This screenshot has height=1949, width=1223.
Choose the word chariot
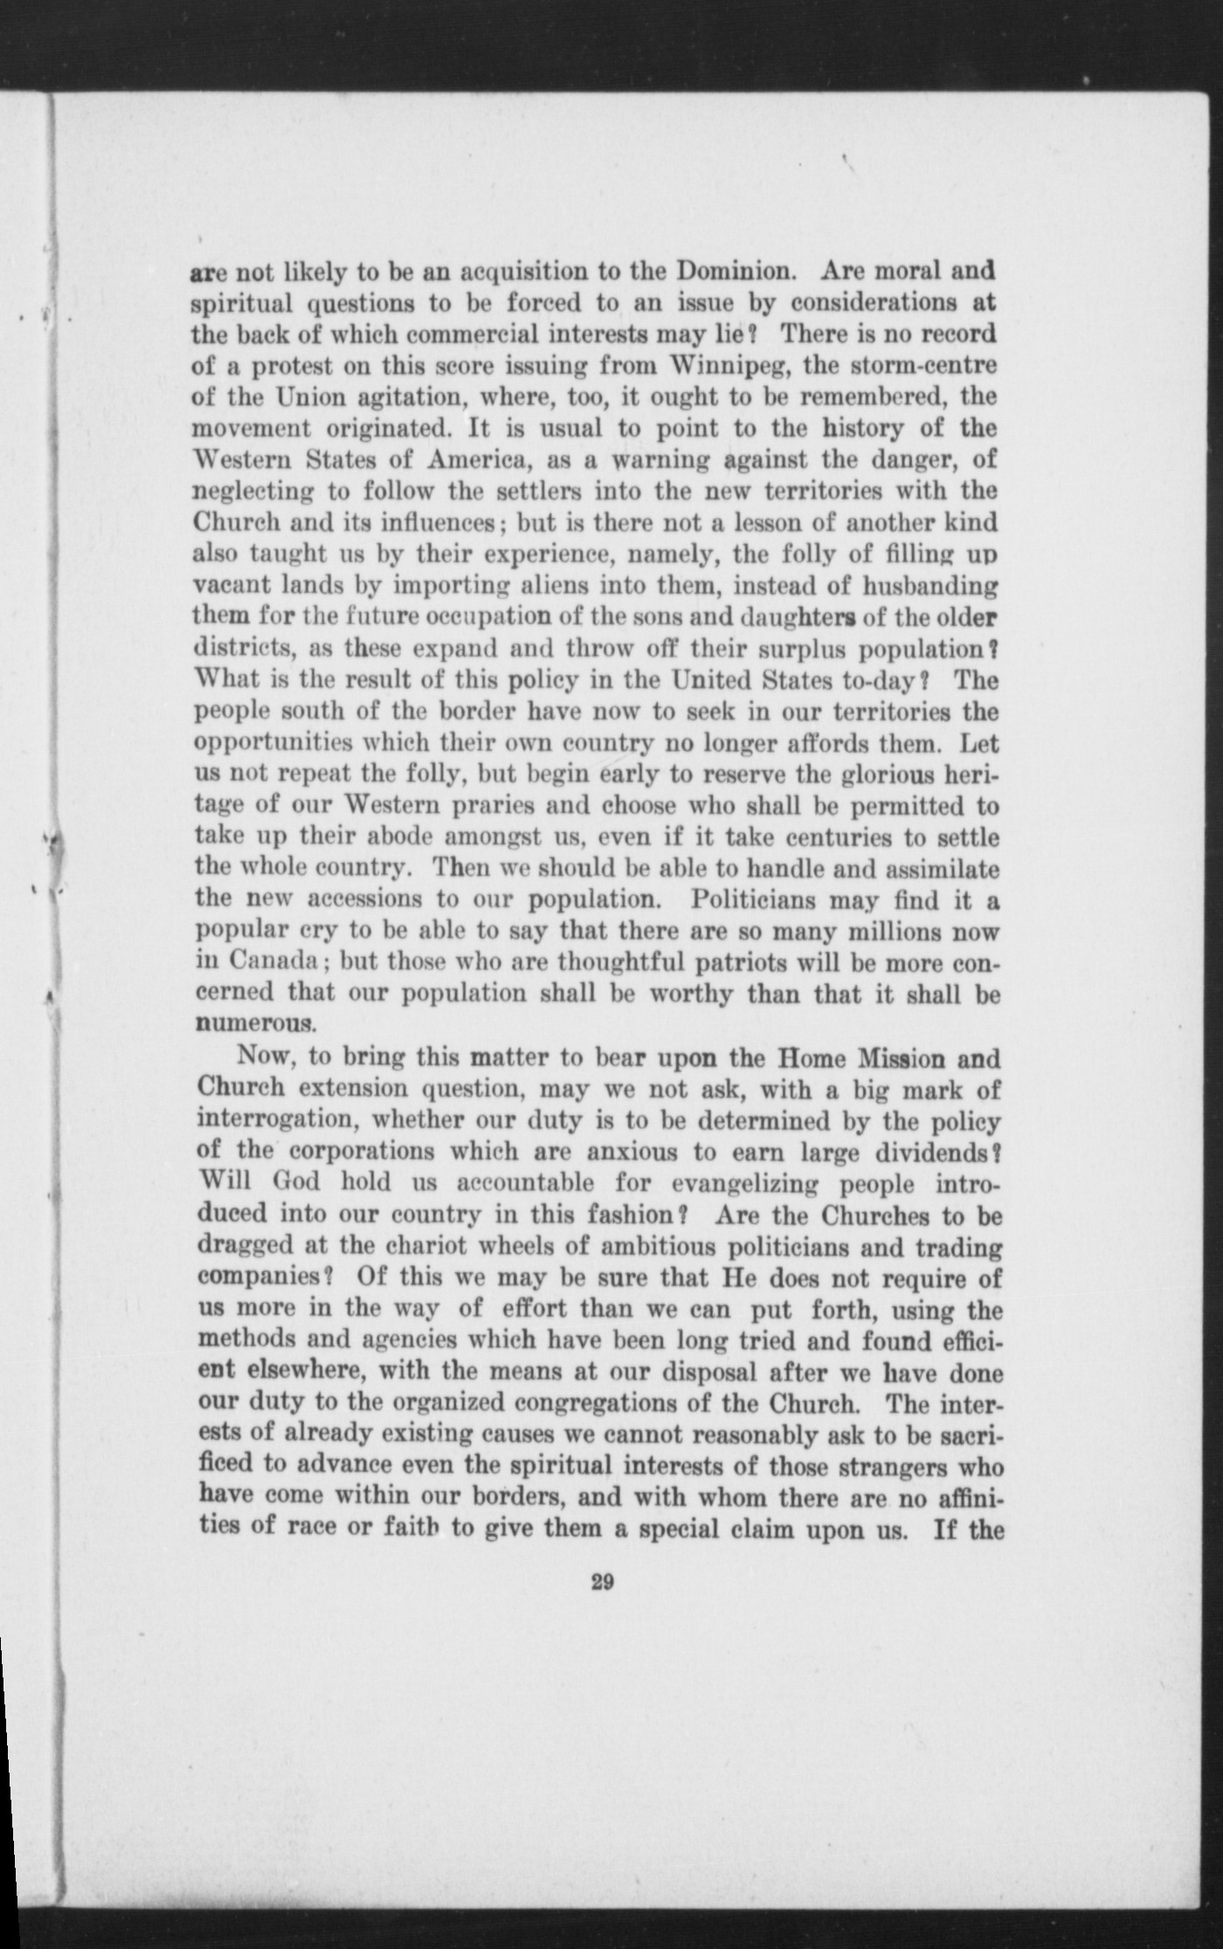tap(409, 1247)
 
